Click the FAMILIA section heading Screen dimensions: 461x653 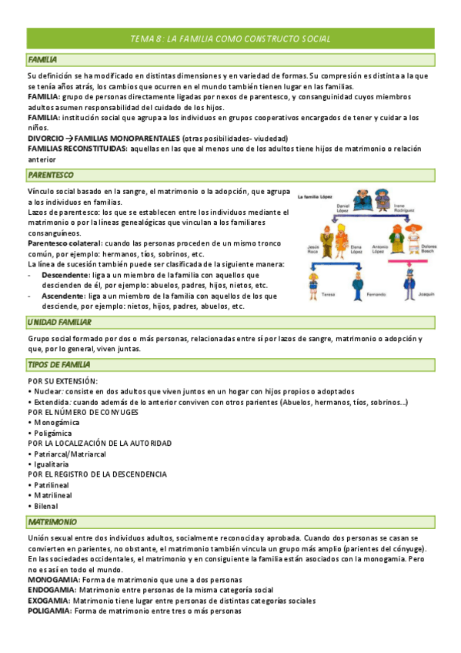[x=43, y=59]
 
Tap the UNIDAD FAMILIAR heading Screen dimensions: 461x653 [x=60, y=322]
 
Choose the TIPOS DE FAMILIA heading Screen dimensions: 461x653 [x=59, y=364]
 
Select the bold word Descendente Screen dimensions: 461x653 [x=65, y=275]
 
